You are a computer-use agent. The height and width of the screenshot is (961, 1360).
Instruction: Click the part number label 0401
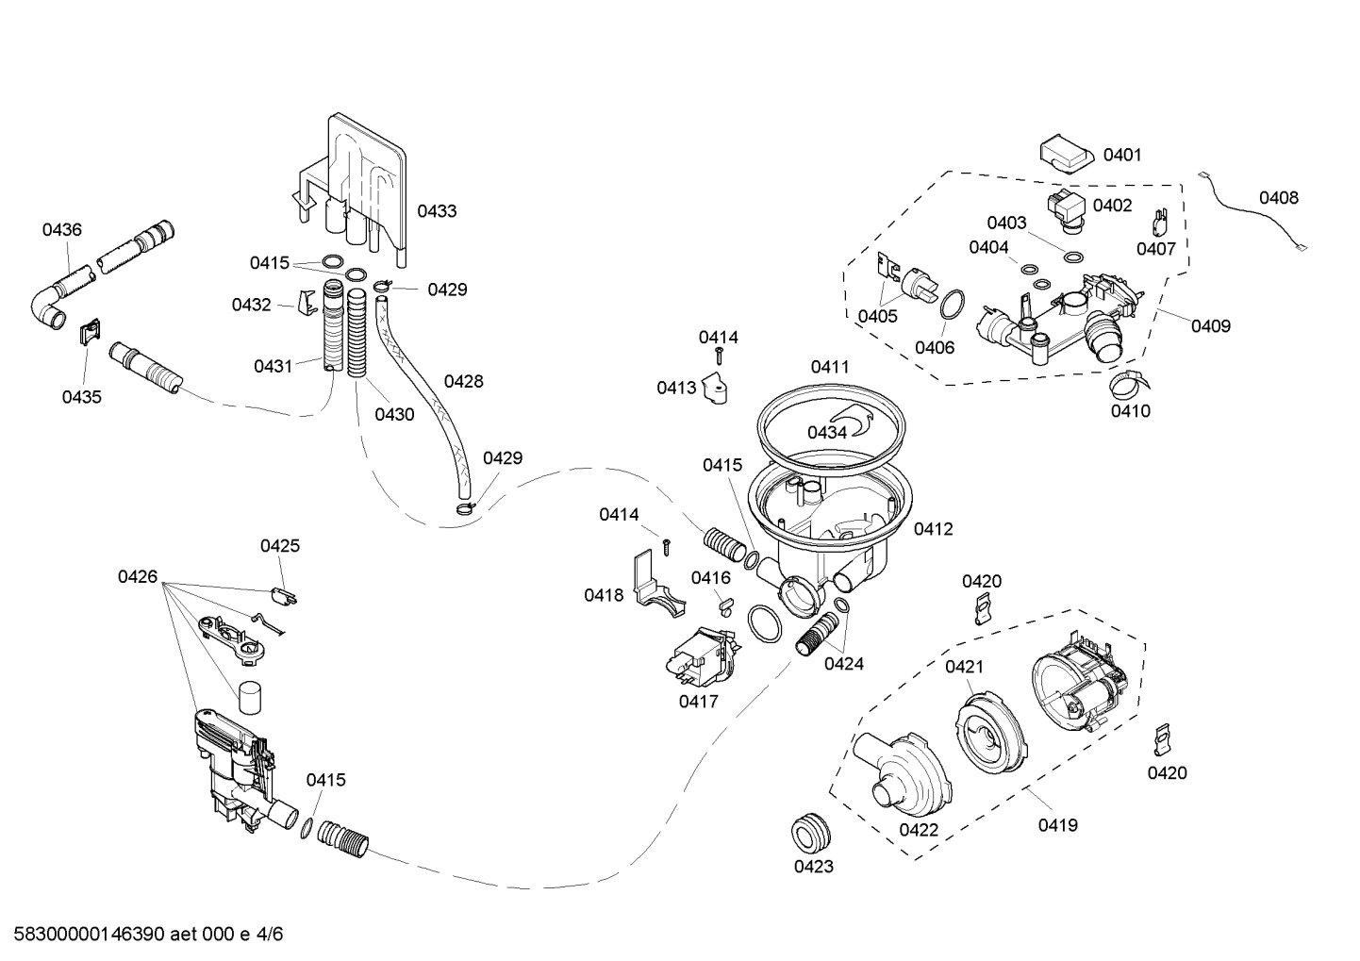click(1122, 155)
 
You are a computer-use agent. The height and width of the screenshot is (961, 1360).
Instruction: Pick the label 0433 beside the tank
click(437, 211)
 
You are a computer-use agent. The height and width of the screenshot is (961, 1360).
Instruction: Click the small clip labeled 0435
click(89, 332)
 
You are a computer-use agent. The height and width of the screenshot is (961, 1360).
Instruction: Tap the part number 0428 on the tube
click(463, 381)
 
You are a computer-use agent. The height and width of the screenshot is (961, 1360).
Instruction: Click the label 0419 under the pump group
click(1057, 825)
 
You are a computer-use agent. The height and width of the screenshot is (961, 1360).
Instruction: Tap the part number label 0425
click(280, 546)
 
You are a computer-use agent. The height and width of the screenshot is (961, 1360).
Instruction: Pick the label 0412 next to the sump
click(933, 529)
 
